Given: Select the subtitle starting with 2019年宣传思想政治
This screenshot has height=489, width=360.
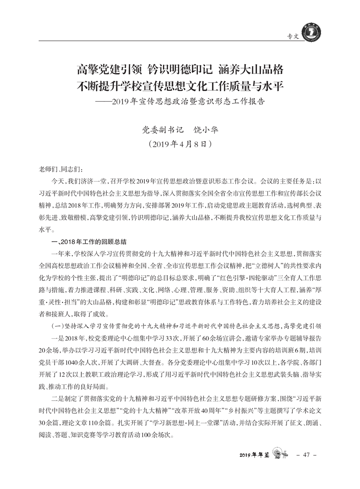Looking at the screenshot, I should point(188,100).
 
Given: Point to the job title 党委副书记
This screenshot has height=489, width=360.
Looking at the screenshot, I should point(163,129).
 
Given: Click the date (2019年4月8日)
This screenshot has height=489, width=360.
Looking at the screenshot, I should point(180,145).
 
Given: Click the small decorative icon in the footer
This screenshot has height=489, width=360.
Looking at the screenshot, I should point(281,454).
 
